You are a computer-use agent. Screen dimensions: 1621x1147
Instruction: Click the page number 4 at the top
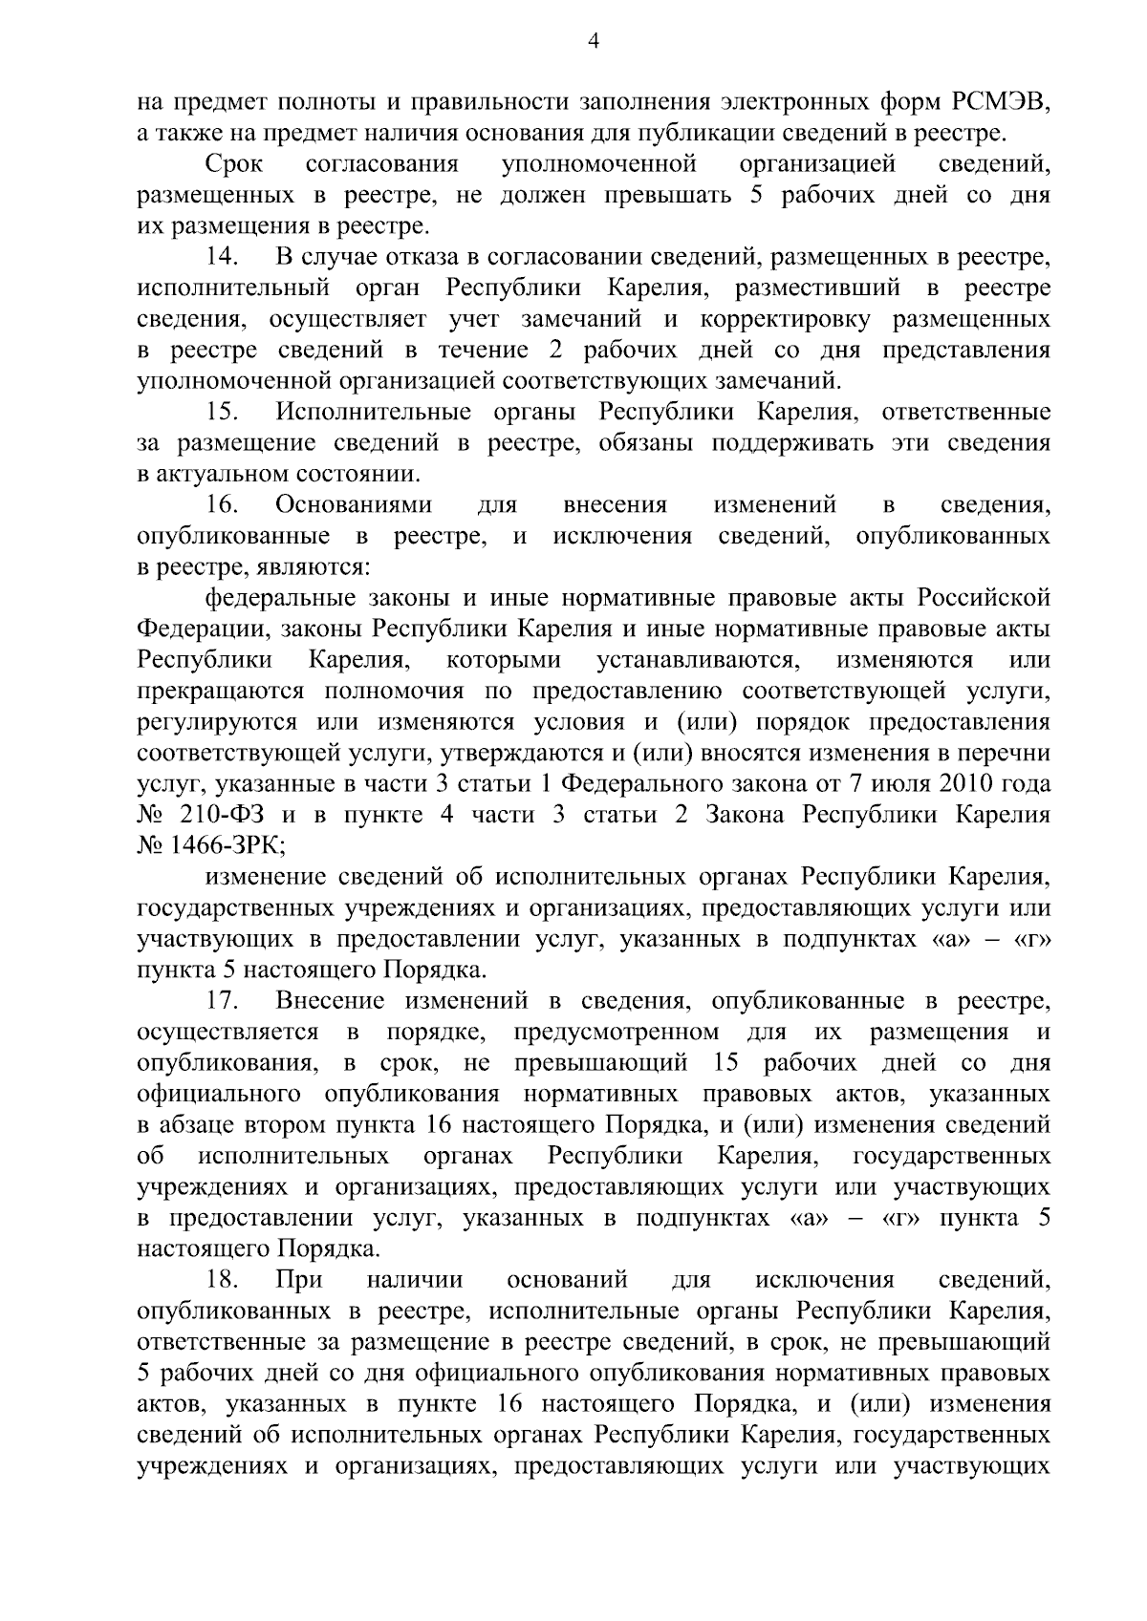pyautogui.click(x=593, y=40)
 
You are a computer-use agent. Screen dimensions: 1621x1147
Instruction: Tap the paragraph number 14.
pyautogui.click(x=223, y=257)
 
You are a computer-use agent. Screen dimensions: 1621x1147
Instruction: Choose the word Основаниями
pyautogui.click(x=354, y=504)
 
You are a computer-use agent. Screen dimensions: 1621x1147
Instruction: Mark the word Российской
pyautogui.click(x=985, y=598)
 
